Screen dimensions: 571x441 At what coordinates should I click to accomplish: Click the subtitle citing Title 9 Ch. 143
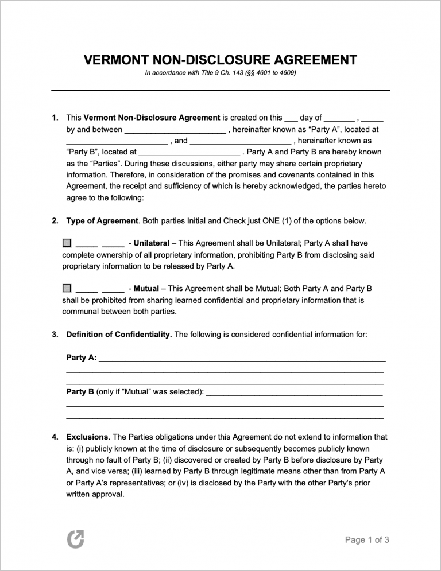pos(220,73)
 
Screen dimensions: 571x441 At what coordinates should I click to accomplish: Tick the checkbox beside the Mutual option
pos(67,288)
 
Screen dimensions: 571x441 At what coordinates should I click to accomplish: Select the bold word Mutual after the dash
pos(146,289)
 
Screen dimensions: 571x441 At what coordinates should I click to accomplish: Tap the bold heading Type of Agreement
pos(102,221)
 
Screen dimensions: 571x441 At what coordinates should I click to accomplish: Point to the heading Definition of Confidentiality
pos(119,335)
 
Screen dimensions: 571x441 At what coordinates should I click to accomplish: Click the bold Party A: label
pos(82,358)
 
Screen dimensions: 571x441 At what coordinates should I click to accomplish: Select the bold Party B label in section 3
pos(80,392)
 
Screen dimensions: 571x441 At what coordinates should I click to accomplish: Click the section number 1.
pos(55,118)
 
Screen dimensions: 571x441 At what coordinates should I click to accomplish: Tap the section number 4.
pos(55,437)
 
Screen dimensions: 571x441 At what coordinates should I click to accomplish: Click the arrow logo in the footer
pos(75,539)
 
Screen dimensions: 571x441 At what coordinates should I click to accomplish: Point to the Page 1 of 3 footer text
pos(367,539)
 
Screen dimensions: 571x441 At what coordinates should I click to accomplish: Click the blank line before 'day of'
pos(291,118)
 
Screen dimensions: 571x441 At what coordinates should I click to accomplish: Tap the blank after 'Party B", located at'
pos(189,153)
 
